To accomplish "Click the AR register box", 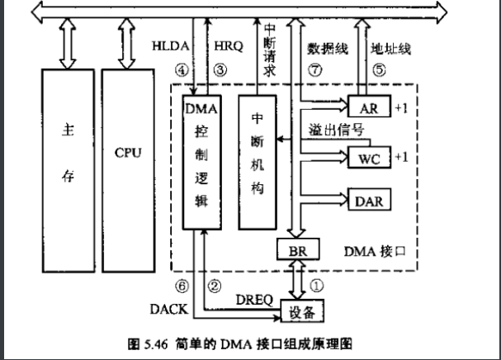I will click(x=369, y=107).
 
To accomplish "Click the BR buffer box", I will click(x=292, y=249).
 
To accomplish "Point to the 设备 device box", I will click(x=302, y=311).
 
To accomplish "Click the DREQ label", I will click(x=253, y=298).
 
